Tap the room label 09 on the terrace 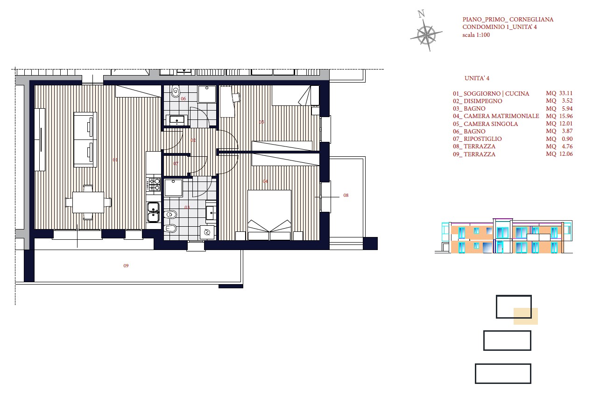click(x=126, y=265)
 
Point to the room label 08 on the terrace click(x=346, y=195)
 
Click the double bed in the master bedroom click(x=269, y=215)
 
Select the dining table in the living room click(x=88, y=202)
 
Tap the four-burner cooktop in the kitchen click(x=153, y=184)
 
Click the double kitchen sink click(x=154, y=212)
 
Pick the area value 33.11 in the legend click(x=566, y=93)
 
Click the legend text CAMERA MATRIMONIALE click(x=501, y=116)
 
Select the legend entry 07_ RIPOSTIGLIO click(x=477, y=139)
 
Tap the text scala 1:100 click(x=476, y=35)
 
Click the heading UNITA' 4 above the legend click(x=477, y=78)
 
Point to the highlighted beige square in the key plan click(x=526, y=316)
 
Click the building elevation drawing click(x=503, y=236)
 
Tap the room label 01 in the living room click(x=115, y=160)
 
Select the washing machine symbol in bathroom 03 click(x=207, y=232)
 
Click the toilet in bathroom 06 click(x=176, y=91)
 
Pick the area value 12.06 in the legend click(x=566, y=154)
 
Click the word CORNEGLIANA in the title click(x=531, y=19)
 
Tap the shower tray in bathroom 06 click(x=207, y=94)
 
